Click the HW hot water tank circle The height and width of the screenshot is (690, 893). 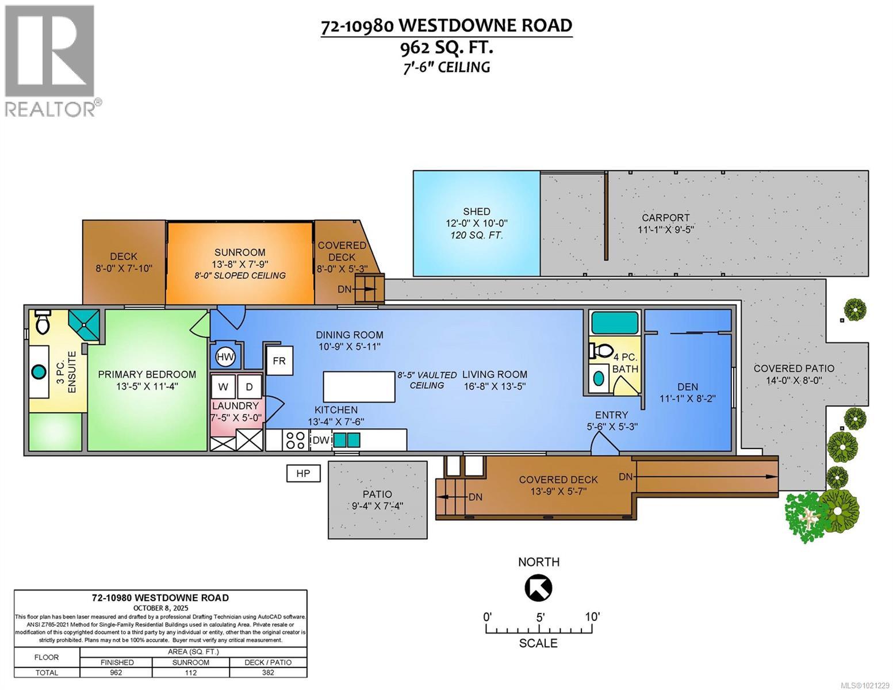225,358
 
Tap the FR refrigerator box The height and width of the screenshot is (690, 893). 279,361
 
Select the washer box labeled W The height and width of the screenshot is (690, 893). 223,387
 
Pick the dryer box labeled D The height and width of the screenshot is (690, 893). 250,387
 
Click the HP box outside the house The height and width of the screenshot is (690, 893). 303,473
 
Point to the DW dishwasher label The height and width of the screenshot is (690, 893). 320,440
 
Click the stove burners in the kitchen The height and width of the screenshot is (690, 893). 296,440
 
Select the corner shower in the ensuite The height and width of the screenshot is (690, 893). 84,325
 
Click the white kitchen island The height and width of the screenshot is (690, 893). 359,387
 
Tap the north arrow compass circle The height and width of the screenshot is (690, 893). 539,588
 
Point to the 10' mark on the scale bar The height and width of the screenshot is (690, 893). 592,617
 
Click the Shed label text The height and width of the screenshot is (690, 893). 477,211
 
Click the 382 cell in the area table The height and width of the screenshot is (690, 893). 268,672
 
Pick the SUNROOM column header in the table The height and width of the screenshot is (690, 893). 191,662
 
